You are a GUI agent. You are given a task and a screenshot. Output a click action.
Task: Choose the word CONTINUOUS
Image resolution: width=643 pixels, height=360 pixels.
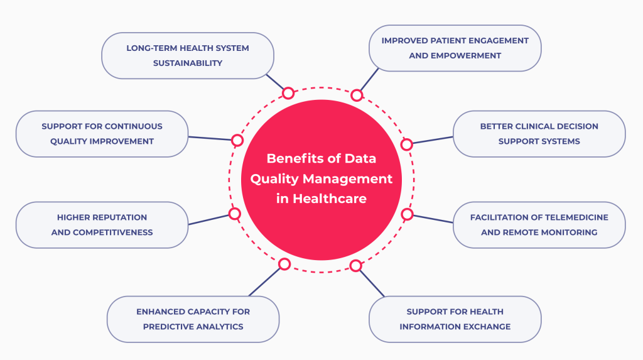pos(133,126)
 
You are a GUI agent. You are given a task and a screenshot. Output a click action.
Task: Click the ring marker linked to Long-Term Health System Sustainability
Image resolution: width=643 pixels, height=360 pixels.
pos(288,94)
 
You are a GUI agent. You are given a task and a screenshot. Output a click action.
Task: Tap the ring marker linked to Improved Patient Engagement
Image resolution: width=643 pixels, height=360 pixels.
pos(357,95)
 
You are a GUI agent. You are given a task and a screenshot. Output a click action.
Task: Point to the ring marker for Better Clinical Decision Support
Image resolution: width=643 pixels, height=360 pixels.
pos(406,145)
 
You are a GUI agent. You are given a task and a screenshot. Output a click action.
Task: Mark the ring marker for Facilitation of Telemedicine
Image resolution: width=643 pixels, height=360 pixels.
pos(407,214)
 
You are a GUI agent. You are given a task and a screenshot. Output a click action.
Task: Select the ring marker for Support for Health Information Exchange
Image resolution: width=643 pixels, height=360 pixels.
pos(356,266)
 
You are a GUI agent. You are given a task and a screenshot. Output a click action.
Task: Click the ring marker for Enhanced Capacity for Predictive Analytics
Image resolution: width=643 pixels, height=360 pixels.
pos(284,264)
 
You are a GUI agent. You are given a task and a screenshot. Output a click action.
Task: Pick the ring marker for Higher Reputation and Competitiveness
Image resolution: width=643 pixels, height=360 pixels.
pos(235,214)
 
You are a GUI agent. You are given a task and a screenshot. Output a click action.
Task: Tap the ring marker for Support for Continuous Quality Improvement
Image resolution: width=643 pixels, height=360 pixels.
pos(237,140)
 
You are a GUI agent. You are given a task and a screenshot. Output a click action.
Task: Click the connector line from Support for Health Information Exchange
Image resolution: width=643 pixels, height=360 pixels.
pos(370,281)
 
